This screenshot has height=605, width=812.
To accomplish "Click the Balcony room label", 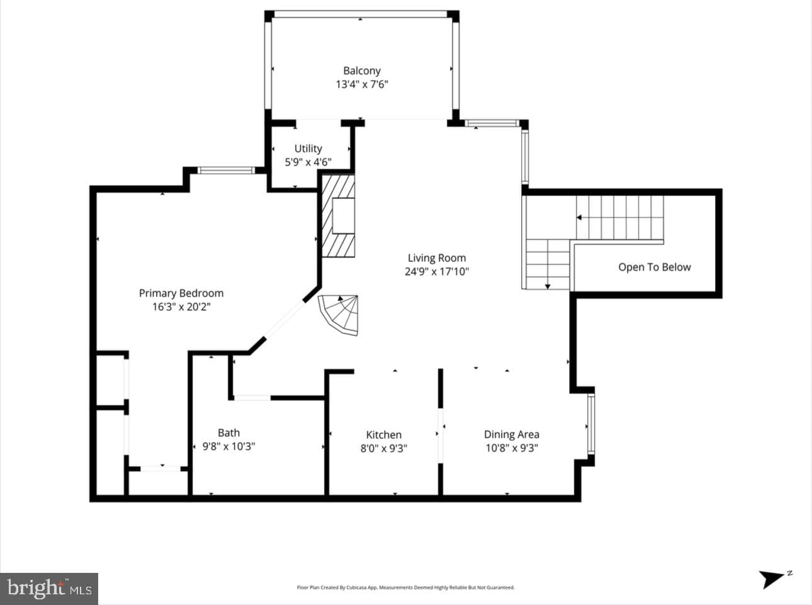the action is (x=362, y=71).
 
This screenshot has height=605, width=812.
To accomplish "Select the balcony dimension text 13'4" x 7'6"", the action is (x=362, y=84).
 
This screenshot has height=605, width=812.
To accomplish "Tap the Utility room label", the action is (x=308, y=149).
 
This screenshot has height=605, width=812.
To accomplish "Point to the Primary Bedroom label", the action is (x=181, y=293).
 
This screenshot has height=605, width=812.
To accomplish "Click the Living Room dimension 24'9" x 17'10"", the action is (x=437, y=272).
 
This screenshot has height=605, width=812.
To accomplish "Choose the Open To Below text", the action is (x=654, y=268).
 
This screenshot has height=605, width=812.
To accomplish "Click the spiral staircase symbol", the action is (x=339, y=315).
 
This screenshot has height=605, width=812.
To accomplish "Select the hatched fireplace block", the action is (x=338, y=216).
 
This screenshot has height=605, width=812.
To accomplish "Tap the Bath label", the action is (x=229, y=433).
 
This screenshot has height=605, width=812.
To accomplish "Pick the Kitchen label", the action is (x=384, y=435).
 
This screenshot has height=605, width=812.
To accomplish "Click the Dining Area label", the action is (x=512, y=434).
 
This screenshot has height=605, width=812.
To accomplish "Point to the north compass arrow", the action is (x=771, y=579).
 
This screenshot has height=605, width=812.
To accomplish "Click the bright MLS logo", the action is (x=49, y=589).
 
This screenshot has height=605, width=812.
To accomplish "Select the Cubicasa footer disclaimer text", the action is (x=405, y=588).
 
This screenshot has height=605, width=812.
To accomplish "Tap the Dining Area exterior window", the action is (x=591, y=427).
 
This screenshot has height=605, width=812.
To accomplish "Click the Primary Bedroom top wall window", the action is (x=226, y=170).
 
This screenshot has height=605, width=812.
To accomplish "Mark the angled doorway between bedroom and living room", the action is (x=285, y=319).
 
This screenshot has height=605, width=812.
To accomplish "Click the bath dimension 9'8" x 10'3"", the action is (x=229, y=446).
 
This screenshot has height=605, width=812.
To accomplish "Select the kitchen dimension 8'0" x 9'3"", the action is (x=384, y=449).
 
